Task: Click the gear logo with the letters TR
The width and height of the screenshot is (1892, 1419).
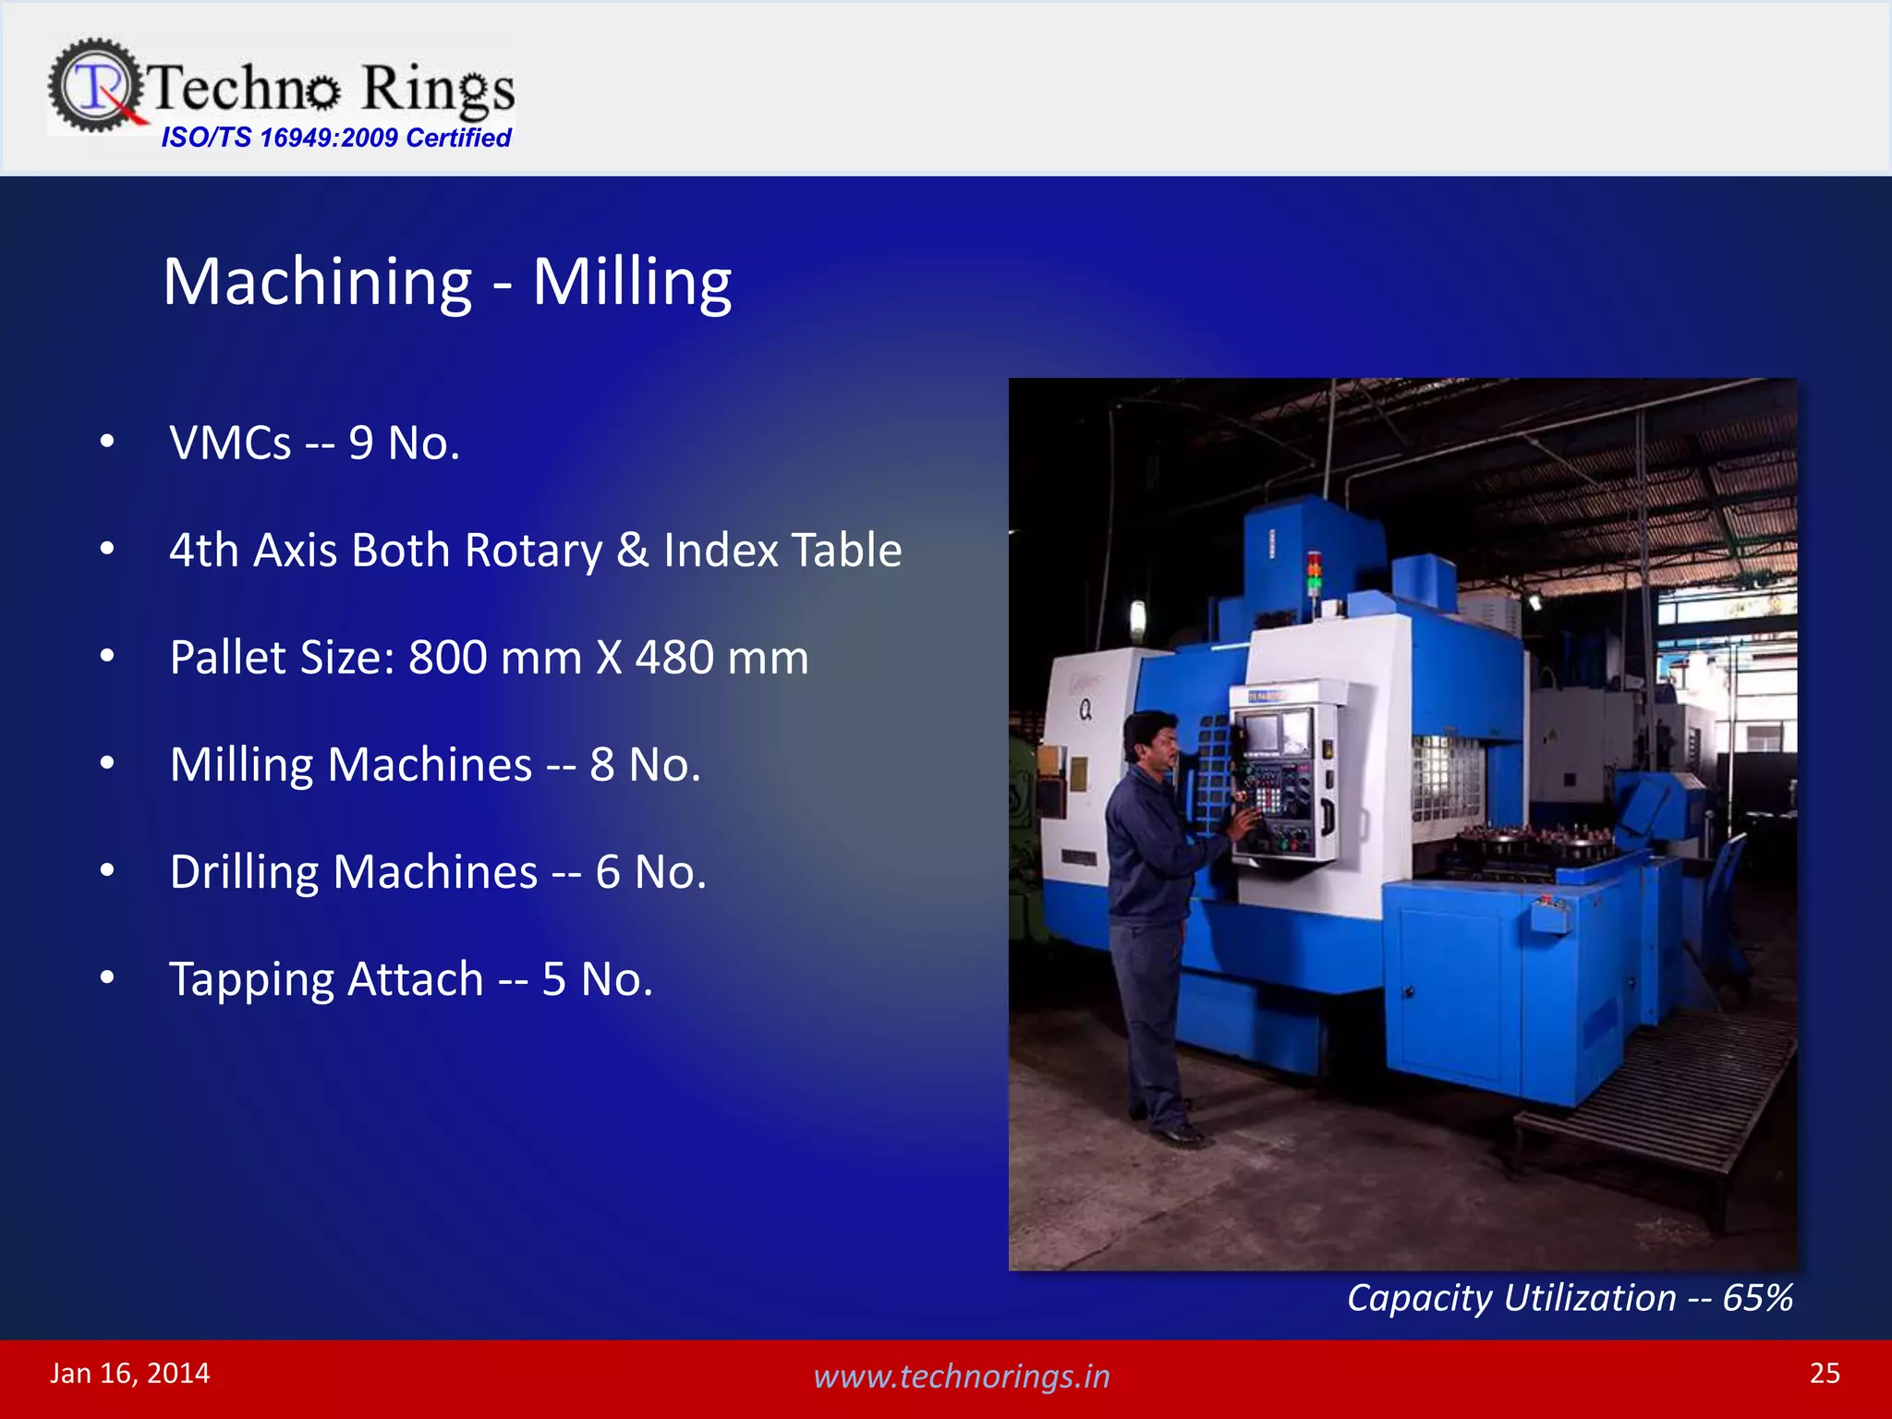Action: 95,86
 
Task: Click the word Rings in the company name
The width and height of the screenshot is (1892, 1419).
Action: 437,89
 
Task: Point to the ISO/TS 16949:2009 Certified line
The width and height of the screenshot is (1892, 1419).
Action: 336,138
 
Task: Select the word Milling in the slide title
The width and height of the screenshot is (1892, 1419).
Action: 632,282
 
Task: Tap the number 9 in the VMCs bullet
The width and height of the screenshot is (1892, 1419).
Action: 361,443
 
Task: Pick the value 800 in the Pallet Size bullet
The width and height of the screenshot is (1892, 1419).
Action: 447,658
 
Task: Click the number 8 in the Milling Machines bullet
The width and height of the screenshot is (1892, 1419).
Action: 602,765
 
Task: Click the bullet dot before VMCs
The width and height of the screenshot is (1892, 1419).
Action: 107,442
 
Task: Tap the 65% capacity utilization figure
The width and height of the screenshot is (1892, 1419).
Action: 1757,1298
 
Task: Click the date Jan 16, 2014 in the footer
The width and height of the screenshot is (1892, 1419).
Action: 130,1374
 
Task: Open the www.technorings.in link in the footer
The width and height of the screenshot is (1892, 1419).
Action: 961,1377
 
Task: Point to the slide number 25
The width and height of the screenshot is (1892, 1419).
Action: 1825,1374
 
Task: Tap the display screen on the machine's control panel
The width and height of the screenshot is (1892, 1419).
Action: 1272,731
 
